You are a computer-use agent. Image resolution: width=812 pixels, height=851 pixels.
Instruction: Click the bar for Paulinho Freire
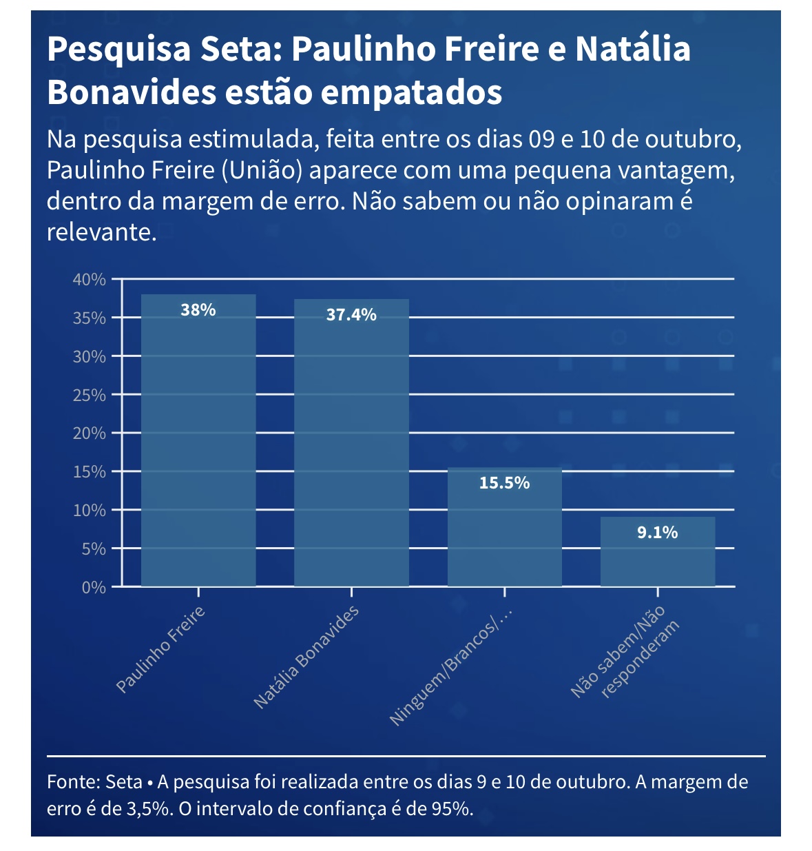click(198, 441)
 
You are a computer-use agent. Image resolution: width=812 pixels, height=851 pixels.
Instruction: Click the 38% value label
click(198, 310)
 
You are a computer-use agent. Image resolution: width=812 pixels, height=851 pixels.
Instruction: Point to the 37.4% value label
click(351, 315)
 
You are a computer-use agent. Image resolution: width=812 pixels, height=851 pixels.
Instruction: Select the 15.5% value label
click(505, 483)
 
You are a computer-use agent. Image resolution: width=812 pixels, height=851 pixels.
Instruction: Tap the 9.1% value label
click(658, 533)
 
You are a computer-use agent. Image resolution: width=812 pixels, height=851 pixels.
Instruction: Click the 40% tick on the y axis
click(90, 280)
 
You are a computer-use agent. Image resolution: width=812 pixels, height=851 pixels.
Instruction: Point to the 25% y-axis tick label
click(90, 396)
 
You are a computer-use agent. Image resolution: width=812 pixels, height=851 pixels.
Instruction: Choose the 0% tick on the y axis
click(94, 588)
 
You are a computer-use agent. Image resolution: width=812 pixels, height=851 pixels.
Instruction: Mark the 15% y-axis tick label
click(90, 472)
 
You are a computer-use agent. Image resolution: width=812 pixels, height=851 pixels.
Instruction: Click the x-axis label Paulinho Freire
click(160, 649)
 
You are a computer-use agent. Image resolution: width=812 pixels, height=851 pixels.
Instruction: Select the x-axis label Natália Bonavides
click(306, 657)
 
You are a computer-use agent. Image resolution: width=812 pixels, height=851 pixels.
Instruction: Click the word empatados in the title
click(411, 92)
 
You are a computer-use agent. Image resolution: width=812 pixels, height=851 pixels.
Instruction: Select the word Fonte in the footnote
click(73, 782)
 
